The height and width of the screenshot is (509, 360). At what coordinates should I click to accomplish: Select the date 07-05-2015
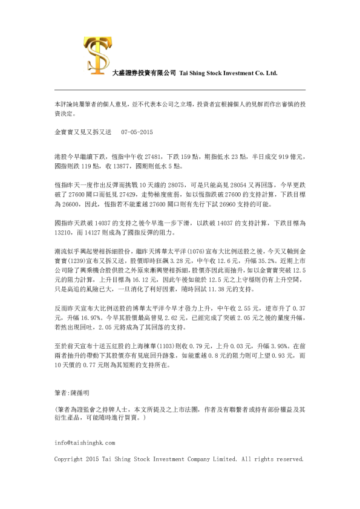(138, 132)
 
